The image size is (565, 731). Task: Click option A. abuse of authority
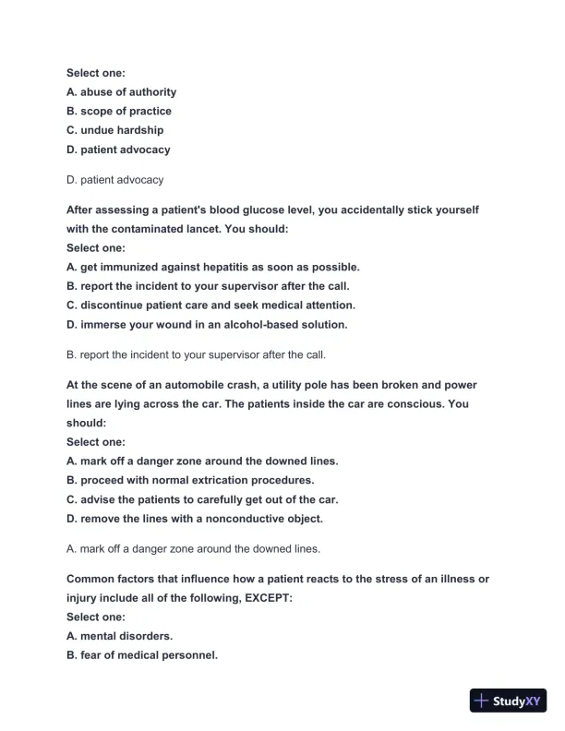(121, 91)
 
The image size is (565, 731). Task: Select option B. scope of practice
(119, 111)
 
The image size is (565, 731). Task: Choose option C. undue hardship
(114, 130)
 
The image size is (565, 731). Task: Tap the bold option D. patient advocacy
(118, 150)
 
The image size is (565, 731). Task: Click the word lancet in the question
(271, 228)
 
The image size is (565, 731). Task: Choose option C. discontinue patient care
(210, 305)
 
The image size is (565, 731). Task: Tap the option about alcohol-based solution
(207, 324)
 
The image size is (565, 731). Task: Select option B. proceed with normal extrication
(190, 480)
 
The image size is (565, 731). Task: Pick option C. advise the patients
(202, 499)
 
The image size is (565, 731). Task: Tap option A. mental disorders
(119, 636)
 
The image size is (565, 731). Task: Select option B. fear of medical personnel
(142, 655)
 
